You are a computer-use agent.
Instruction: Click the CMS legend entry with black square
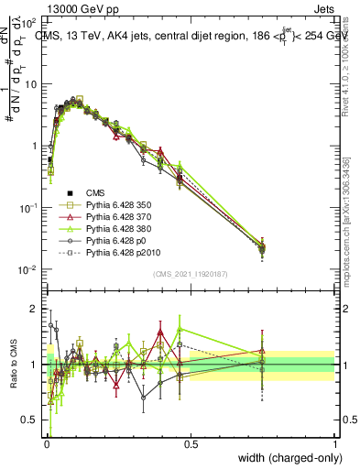point(84,192)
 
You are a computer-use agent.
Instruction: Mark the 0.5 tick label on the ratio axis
point(29,420)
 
